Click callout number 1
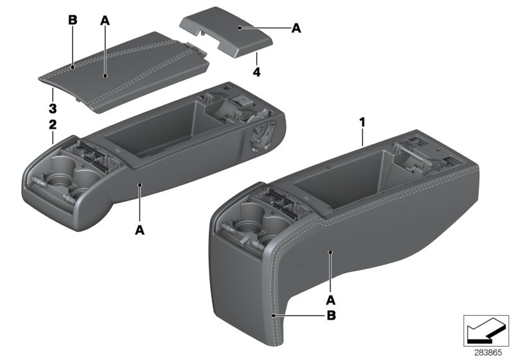click(x=362, y=120)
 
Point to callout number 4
click(x=256, y=71)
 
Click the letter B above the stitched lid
click(x=73, y=21)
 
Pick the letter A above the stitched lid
click(x=105, y=21)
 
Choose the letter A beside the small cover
click(x=296, y=28)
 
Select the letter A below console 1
click(x=332, y=300)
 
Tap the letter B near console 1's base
click(x=332, y=316)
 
